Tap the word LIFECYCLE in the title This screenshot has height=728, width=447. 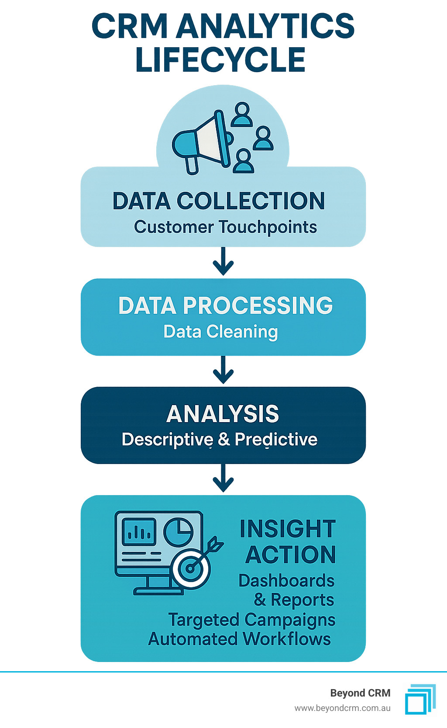[x=220, y=60]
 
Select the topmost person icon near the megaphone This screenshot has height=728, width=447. [x=242, y=114]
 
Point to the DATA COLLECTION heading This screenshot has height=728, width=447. [x=219, y=201]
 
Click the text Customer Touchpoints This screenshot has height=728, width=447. [x=225, y=227]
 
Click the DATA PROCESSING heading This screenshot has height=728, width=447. [x=225, y=305]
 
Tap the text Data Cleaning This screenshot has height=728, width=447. [x=220, y=332]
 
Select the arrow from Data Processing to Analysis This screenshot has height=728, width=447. [x=223, y=370]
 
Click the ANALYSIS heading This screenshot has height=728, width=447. [x=223, y=414]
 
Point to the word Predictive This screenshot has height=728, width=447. [x=276, y=440]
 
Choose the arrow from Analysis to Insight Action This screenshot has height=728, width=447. [x=223, y=478]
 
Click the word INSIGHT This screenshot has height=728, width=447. [x=288, y=529]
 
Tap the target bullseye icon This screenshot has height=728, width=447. [x=191, y=568]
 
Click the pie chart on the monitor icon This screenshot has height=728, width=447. [x=178, y=532]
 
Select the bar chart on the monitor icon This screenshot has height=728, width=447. [x=139, y=532]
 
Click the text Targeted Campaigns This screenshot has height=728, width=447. [x=252, y=620]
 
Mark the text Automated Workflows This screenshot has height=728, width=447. [x=240, y=639]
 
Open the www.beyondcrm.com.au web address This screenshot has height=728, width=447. [x=342, y=708]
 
